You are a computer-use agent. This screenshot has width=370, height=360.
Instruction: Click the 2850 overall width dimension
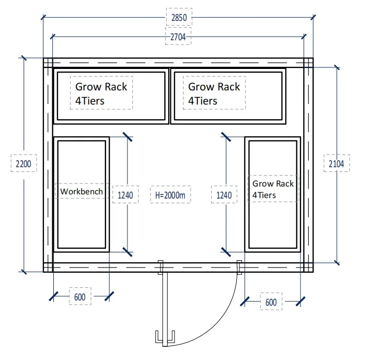point(179,17)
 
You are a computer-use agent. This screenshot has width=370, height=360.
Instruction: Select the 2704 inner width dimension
point(178,37)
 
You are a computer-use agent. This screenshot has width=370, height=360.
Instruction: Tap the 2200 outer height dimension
point(24,164)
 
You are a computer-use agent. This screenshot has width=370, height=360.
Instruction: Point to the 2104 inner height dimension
point(336,164)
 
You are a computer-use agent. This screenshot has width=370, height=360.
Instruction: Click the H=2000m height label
point(170,195)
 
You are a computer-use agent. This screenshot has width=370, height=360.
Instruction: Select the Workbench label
point(82,191)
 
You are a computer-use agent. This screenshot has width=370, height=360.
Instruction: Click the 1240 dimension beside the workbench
point(125,195)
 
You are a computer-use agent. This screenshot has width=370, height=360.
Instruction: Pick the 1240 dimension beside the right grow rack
point(224,195)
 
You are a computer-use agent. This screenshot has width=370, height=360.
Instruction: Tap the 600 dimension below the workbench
point(80,297)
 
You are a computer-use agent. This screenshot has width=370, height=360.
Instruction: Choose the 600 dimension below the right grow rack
point(271,302)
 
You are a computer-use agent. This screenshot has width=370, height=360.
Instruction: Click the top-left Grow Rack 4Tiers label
point(101,94)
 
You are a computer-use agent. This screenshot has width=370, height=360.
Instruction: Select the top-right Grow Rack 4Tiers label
point(214,94)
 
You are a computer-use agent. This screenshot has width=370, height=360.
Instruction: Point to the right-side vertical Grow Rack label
point(273,189)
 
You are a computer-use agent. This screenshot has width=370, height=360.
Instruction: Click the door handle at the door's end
point(165,336)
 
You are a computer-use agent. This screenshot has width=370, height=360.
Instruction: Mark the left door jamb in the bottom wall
point(160,268)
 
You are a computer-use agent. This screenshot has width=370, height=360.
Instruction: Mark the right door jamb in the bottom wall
point(239,268)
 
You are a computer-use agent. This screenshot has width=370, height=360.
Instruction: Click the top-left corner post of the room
point(48,63)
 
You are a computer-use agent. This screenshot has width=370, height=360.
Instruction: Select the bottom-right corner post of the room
point(308,268)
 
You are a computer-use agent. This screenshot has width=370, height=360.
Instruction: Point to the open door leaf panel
point(165,309)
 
